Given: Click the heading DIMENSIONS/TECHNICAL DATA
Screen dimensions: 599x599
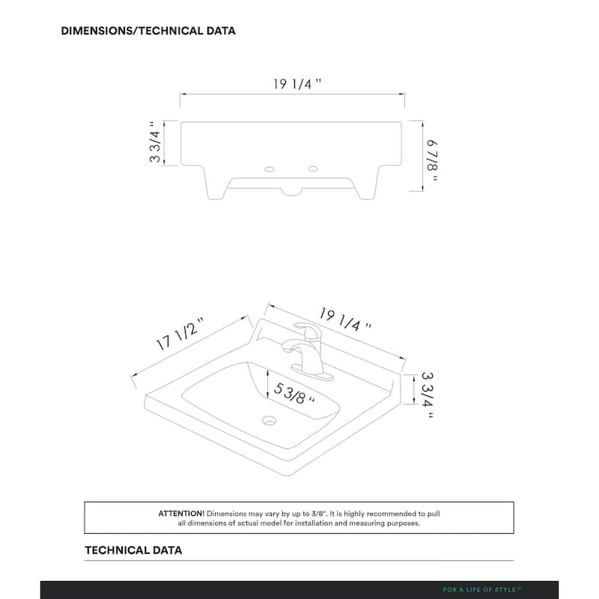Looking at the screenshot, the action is [148, 31].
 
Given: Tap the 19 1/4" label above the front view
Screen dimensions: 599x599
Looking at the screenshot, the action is [297, 84].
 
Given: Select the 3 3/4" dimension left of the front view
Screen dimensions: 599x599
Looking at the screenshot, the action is [156, 143].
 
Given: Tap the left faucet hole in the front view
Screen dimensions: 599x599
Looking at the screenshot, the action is [269, 169].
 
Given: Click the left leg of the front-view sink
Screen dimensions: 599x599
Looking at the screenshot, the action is [214, 183].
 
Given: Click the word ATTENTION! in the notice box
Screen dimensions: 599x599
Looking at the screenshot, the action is [181, 514].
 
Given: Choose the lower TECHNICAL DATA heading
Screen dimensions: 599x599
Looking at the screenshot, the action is [133, 550].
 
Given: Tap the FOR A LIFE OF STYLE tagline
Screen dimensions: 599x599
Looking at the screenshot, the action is [487, 590].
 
